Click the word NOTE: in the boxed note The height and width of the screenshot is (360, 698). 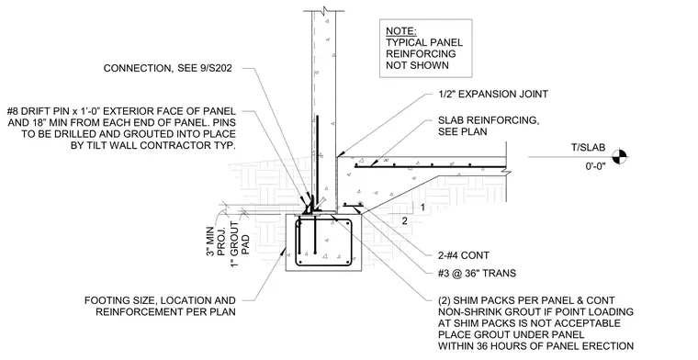401,31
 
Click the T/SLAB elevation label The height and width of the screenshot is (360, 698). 589,148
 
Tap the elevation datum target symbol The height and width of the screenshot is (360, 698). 620,157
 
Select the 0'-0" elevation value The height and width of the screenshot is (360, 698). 595,168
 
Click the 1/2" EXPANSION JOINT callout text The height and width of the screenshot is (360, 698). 493,94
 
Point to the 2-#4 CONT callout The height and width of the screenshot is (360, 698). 464,255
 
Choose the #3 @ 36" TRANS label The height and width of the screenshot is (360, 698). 478,273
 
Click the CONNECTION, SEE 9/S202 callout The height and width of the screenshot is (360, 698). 168,69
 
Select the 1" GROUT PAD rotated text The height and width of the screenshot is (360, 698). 240,244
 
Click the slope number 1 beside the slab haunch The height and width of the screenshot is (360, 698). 422,207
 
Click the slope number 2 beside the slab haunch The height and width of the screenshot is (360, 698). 405,220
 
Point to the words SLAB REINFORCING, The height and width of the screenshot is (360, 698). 489,120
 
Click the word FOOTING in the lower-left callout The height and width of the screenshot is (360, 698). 105,301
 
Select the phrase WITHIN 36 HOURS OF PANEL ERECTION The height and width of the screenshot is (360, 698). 536,345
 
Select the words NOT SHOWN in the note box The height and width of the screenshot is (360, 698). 417,65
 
